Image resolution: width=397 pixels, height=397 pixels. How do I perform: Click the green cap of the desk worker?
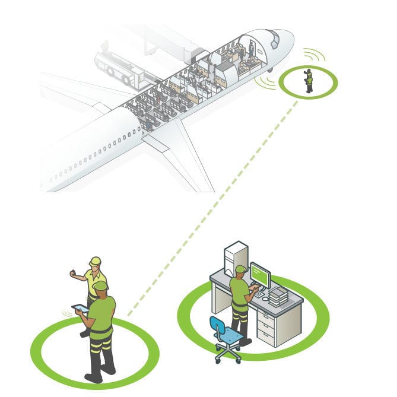tap(240, 270)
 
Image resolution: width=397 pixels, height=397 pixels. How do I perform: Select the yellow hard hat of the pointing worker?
tap(95, 261)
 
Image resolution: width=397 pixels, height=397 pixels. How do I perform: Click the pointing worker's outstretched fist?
tap(72, 274)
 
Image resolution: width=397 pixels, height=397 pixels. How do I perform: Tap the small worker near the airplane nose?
tap(308, 81)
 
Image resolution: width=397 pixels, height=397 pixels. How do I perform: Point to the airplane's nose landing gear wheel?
tap(271, 70)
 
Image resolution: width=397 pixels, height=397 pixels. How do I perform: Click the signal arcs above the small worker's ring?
tap(315, 56)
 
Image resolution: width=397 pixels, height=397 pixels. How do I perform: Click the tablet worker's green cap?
tap(100, 286)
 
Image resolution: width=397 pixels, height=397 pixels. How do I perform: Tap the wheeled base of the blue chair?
tap(228, 354)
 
